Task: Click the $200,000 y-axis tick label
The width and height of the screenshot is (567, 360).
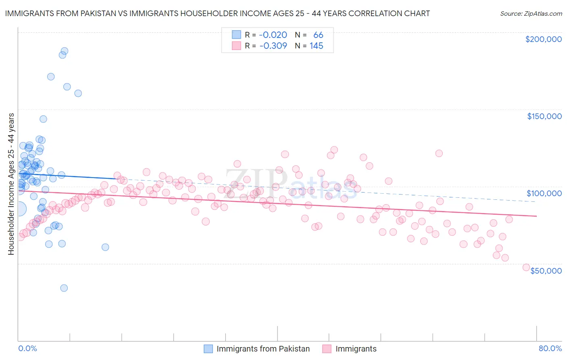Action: (543, 39)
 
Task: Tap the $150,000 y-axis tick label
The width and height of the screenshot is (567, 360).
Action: (544, 116)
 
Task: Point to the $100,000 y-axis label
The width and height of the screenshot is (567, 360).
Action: (544, 193)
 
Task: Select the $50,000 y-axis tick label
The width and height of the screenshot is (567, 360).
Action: (546, 270)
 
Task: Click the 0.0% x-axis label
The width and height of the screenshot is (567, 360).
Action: (27, 348)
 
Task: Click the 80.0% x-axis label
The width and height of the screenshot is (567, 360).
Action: (550, 348)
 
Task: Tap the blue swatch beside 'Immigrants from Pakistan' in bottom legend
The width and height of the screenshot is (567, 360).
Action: (208, 349)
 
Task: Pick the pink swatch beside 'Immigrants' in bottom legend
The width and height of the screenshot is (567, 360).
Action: (327, 349)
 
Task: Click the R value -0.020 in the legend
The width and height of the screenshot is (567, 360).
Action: (273, 35)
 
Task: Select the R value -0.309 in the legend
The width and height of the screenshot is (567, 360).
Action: (273, 46)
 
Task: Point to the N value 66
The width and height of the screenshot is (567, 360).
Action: (318, 35)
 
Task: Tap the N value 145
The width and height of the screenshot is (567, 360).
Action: (316, 46)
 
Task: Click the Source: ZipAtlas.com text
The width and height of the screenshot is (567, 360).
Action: (531, 13)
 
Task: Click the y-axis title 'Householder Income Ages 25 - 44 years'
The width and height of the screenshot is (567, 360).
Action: (11, 184)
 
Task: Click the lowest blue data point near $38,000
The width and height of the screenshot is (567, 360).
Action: (64, 288)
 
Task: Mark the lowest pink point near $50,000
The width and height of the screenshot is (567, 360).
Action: (526, 267)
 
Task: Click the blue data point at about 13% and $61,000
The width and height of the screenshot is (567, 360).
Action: (105, 247)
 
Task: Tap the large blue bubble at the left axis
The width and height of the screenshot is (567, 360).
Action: (19, 209)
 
